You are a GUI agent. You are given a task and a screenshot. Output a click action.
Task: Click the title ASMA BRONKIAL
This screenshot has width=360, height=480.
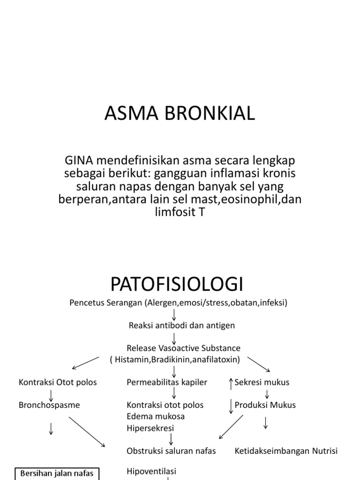point(180,113)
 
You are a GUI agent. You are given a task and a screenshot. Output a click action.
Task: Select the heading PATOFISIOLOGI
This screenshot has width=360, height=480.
point(177,284)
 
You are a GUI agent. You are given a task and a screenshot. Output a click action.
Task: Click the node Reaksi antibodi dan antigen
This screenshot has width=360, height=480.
point(175,325)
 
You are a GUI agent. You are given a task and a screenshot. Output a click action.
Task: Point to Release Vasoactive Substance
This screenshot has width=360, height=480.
point(183,348)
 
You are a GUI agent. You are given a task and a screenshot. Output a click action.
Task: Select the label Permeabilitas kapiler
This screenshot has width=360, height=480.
point(167,382)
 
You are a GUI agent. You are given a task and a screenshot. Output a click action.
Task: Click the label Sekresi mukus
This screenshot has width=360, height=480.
point(262,382)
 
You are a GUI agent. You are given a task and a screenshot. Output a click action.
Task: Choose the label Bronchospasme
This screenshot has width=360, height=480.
point(49,405)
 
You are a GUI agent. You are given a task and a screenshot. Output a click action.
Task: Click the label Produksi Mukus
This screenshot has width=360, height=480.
point(265,405)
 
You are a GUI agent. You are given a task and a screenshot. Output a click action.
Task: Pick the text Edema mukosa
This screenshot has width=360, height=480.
point(156,416)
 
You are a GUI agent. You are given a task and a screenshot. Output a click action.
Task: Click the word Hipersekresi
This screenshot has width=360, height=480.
point(150,427)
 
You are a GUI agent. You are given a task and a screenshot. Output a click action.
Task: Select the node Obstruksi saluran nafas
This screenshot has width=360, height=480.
point(172,451)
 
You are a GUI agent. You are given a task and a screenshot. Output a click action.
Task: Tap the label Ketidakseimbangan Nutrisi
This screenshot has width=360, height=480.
point(286,451)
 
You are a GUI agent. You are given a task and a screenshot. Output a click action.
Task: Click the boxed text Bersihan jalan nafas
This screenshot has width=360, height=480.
point(57,473)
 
